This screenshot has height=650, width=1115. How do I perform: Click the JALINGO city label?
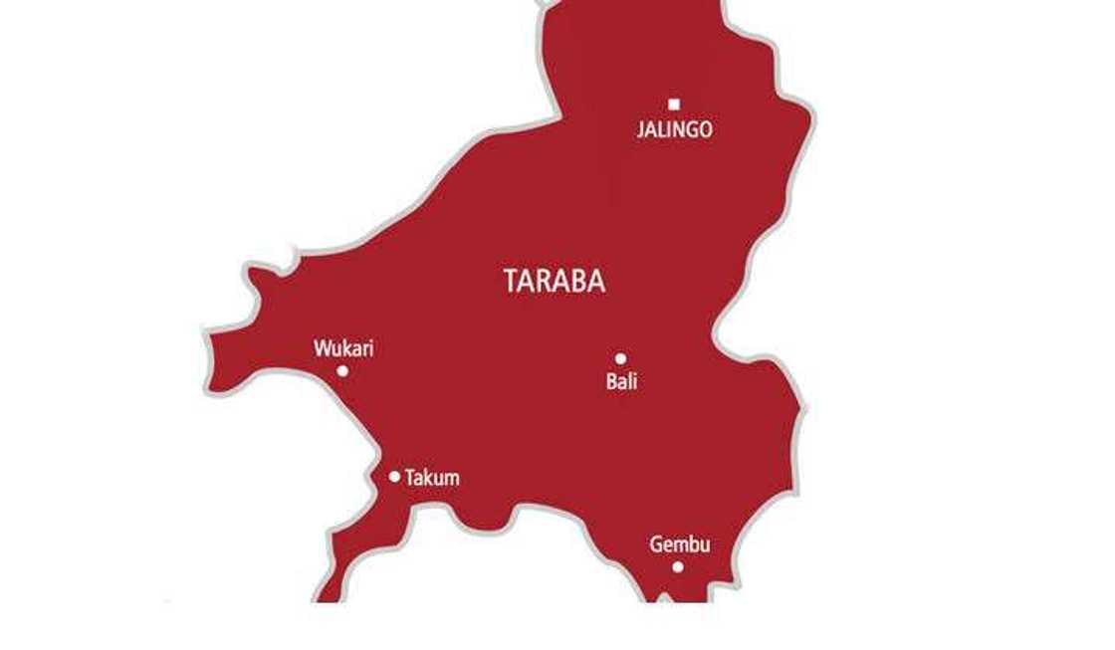674,129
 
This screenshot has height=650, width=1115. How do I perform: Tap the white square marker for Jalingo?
674,104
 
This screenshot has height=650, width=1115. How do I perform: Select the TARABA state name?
555,282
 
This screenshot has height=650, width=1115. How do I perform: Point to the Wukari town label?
343,349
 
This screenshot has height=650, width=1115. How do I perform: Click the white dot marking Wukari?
342,370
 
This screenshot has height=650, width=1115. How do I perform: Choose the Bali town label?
621,381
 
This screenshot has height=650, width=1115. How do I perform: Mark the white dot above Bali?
620,358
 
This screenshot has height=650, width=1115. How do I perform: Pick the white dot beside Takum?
394,477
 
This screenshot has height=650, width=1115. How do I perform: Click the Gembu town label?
680,544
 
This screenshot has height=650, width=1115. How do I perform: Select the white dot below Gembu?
678,567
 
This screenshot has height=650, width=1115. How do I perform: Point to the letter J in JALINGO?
641,129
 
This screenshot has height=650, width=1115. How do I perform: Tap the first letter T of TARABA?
512,282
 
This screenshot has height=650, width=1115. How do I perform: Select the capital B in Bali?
611,381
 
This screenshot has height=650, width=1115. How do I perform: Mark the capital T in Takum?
409,478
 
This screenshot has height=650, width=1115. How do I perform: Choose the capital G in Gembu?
656,544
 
